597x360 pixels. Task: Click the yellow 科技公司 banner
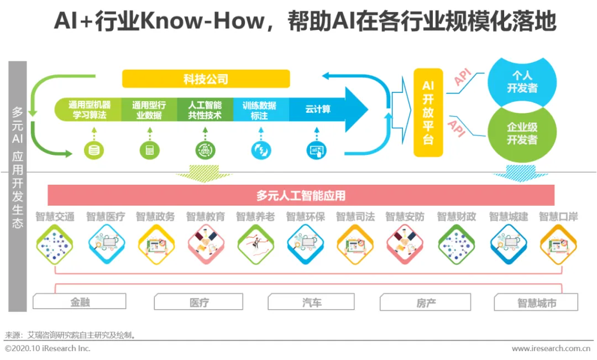206,79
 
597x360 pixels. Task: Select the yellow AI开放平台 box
428,112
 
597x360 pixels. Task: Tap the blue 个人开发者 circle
522,82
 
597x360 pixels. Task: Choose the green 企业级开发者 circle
522,133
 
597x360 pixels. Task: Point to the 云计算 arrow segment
318,109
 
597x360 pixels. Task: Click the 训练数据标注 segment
260,109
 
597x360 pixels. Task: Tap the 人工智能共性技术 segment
205,109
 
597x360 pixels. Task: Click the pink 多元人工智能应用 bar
301,195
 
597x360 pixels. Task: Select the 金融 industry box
80,302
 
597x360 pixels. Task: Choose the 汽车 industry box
312,302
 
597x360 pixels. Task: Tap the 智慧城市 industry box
536,302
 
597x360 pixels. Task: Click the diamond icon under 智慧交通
55,244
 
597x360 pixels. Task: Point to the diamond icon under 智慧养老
255,244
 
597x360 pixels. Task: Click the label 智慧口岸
558,217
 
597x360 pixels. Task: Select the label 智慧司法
355,217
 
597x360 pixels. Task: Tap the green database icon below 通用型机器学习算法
93,149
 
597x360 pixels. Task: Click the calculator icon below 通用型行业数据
149,149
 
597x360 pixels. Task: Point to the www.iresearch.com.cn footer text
551,348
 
